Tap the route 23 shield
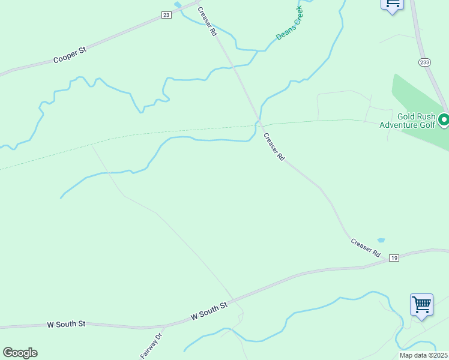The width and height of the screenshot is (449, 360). coord(166,15)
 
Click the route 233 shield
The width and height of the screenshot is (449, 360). coord(425,62)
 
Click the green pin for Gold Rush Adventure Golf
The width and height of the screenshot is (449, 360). coord(444,121)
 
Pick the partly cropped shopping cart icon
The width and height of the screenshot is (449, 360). coord(392,4)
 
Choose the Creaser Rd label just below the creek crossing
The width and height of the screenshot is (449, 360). coord(274,147)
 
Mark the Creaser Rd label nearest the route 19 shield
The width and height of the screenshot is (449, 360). coord(366,248)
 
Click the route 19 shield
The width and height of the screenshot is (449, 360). coord(394,258)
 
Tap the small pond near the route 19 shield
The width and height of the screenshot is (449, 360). coord(381,241)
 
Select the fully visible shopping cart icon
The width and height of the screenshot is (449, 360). coord(421,305)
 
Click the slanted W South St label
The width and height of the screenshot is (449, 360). coord(209,311)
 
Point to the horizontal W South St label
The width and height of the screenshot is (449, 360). coord(66,324)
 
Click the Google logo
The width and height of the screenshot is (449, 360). coord(20,353)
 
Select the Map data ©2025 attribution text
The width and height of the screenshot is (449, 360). coord(423,355)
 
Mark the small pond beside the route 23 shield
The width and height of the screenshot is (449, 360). coord(178,5)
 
